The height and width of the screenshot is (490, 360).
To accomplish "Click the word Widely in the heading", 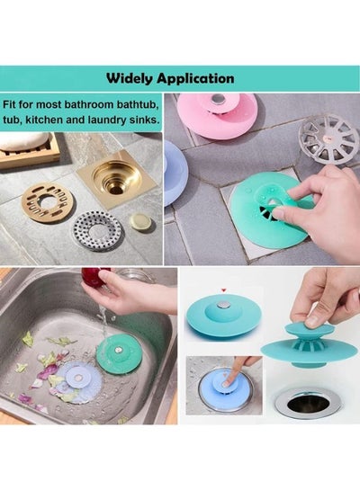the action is point(130,78).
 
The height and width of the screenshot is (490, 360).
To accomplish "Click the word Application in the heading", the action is point(195,78).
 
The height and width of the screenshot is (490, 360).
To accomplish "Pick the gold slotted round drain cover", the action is point(46,203).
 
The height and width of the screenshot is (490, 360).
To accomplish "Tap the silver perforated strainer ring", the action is point(97,231).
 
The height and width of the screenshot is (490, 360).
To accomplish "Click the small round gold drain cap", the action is point(140,221).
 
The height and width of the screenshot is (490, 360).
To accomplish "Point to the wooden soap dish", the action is point(30,153).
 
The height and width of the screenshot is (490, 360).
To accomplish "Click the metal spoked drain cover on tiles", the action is point(327,138).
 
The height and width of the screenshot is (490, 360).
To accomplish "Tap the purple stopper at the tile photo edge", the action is point(175,173).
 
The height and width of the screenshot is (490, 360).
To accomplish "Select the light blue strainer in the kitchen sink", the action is point(78,379).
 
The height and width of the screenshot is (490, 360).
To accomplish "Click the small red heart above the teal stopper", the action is point(223,290).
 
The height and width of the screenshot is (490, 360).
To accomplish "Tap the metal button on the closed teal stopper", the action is point(224,305).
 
